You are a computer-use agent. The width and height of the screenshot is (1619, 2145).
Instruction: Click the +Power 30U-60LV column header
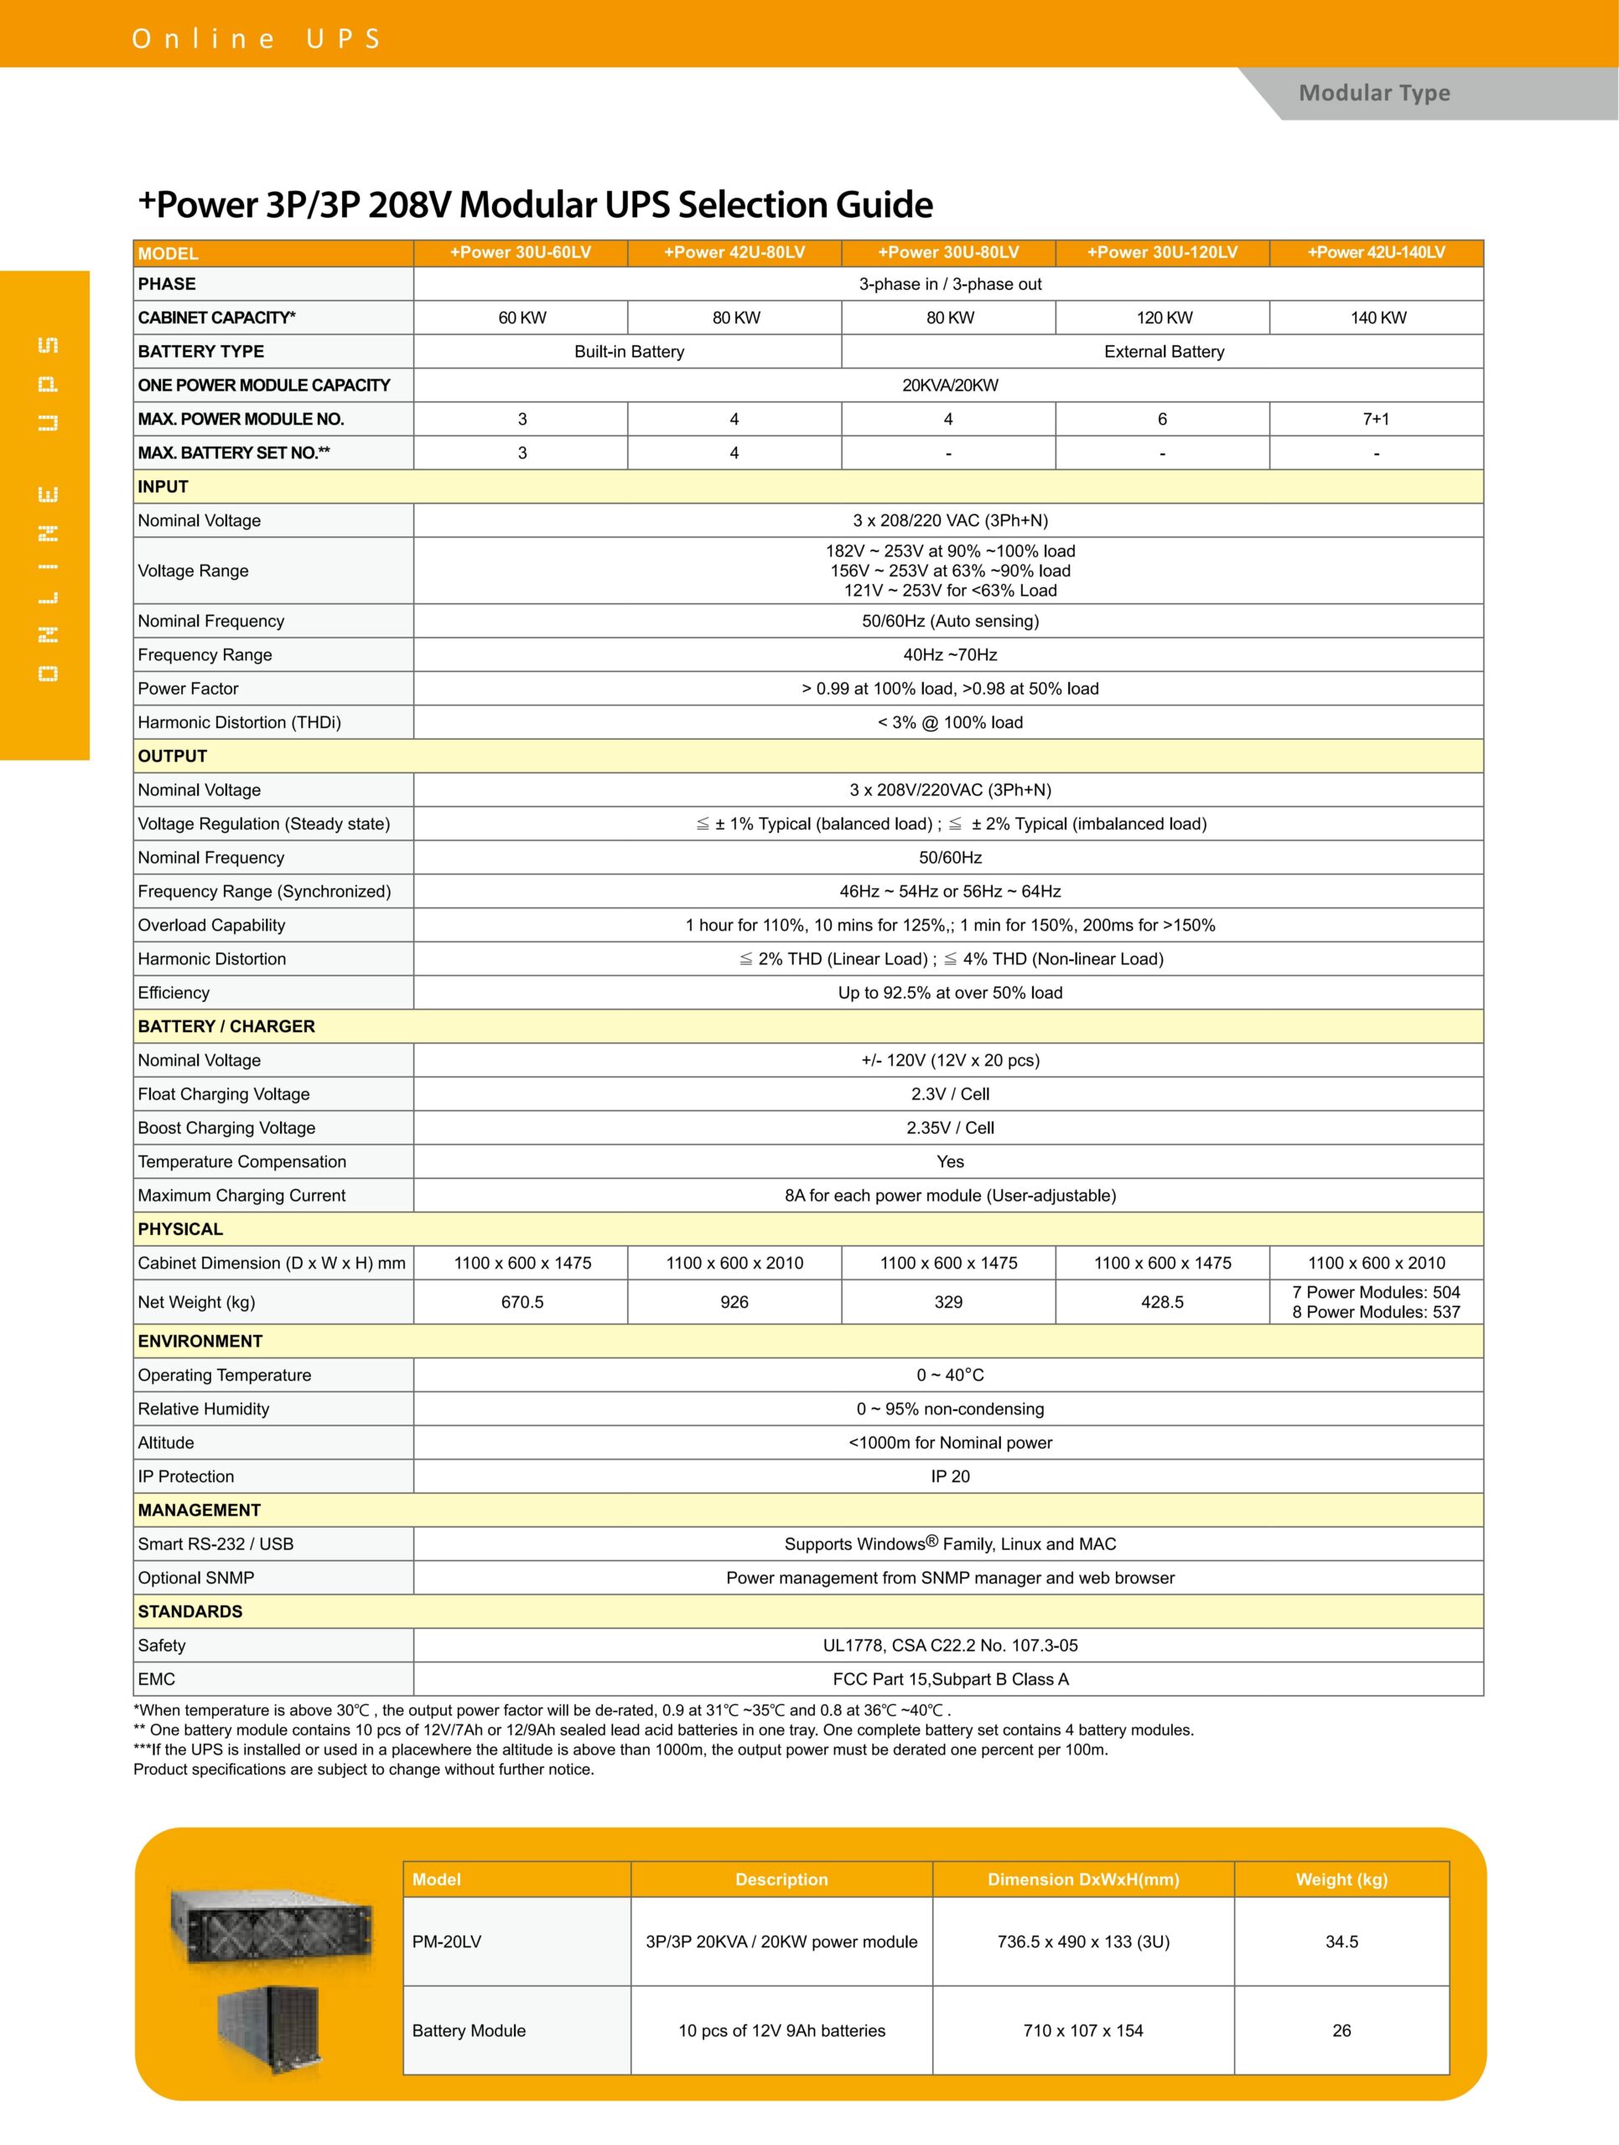[x=520, y=252]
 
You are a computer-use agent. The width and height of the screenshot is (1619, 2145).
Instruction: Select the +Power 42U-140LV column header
[x=1376, y=252]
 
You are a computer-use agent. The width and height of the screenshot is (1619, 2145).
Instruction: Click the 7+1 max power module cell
[x=1376, y=419]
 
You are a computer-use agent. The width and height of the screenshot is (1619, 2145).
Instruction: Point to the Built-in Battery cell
[x=629, y=351]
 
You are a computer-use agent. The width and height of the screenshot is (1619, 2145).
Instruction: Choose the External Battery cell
[x=1163, y=351]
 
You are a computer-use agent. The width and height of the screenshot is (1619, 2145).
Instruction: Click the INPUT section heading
[x=163, y=487]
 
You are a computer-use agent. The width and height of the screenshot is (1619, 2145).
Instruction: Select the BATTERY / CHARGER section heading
[x=226, y=1026]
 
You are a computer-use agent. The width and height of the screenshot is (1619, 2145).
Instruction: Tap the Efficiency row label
[x=174, y=992]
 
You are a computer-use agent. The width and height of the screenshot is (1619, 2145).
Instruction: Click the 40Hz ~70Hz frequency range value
[x=950, y=654]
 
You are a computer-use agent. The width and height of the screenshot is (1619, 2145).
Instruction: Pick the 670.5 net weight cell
[x=522, y=1301]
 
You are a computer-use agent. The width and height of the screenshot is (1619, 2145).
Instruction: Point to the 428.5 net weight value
[x=1162, y=1301]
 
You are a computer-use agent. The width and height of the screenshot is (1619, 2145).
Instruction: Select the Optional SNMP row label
[x=196, y=1578]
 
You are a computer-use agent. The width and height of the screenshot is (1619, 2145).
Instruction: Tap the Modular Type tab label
[x=1373, y=93]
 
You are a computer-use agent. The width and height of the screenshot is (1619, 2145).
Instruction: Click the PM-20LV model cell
[x=447, y=1941]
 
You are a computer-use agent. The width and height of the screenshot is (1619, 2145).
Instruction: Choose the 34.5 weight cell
[x=1341, y=1941]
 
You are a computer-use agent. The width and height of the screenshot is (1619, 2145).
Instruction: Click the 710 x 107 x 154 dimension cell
[x=1082, y=2030]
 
